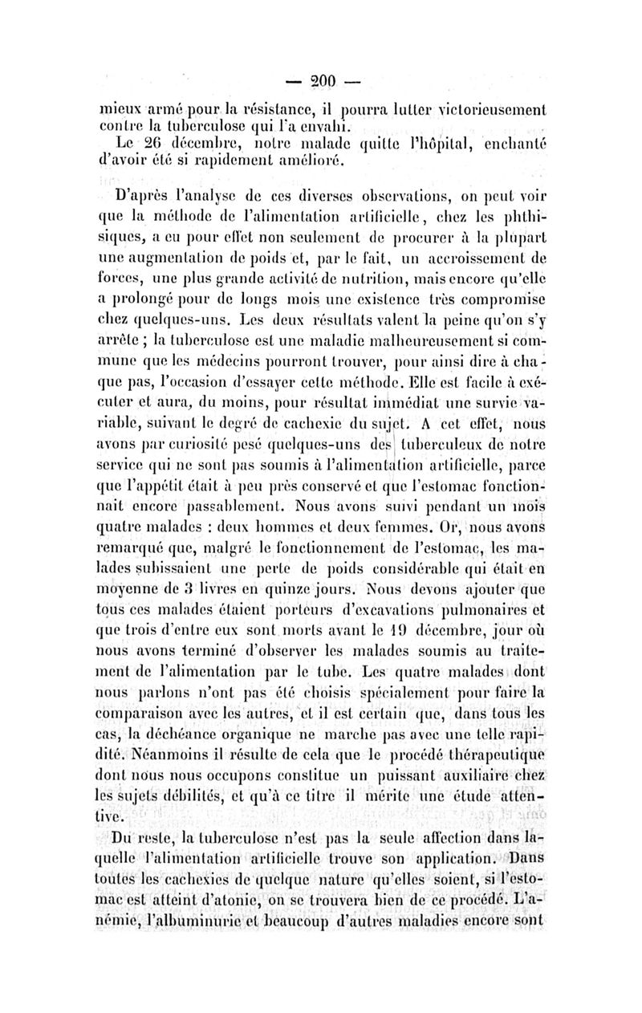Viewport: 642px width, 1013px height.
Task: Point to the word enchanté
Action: (x=507, y=144)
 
